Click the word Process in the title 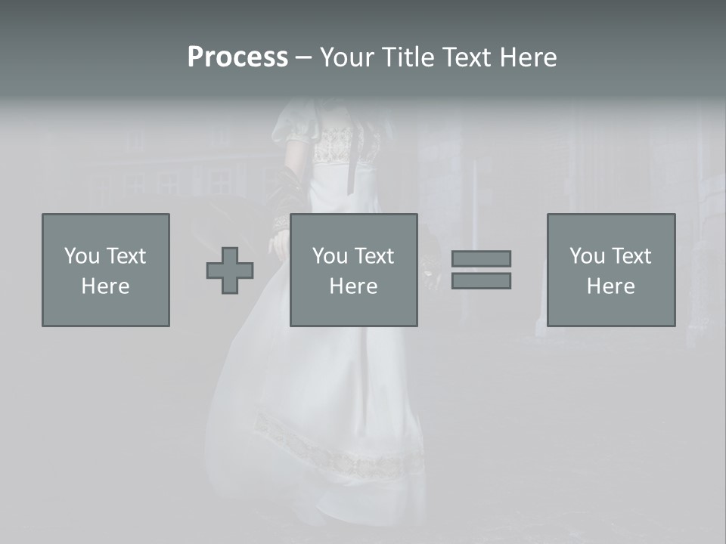coord(237,57)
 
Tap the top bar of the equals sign coord(481,258)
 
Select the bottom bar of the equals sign coord(481,280)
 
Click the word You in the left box coord(82,256)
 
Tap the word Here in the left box coord(106,286)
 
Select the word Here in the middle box coord(354,286)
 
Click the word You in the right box coord(587,256)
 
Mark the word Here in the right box coord(611,286)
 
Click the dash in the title coord(303,57)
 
